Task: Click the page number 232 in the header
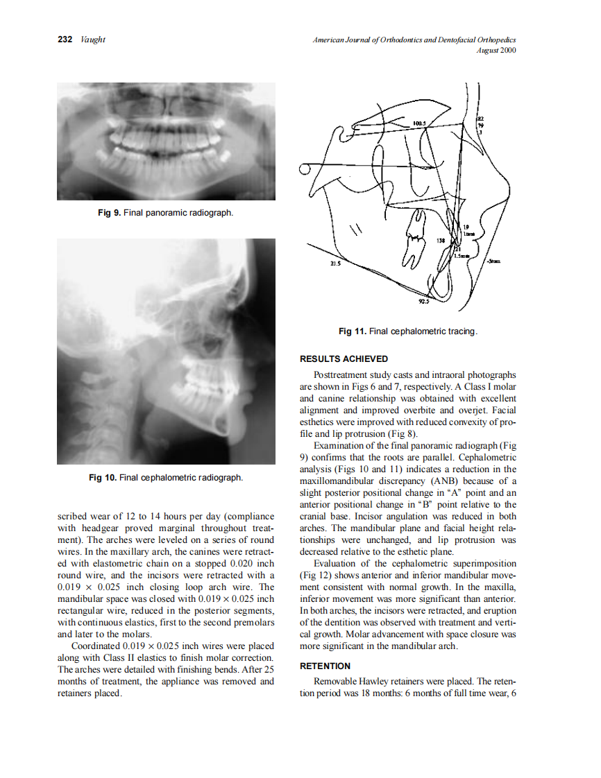pyautogui.click(x=65, y=40)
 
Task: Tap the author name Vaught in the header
pyautogui.click(x=92, y=40)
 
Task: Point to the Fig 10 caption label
pyautogui.click(x=103, y=477)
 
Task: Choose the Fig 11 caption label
pyautogui.click(x=352, y=331)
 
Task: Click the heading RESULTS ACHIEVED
pyautogui.click(x=344, y=358)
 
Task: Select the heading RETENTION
pyautogui.click(x=325, y=666)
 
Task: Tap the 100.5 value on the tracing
pyautogui.click(x=419, y=122)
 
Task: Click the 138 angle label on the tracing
pyautogui.click(x=440, y=240)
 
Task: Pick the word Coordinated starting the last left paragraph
pyautogui.click(x=94, y=646)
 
